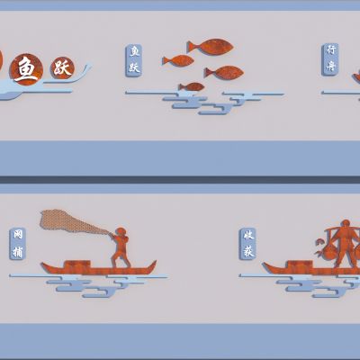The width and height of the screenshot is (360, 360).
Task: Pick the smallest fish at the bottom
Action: (x=191, y=87)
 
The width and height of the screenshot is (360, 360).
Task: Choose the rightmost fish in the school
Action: (x=224, y=72)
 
